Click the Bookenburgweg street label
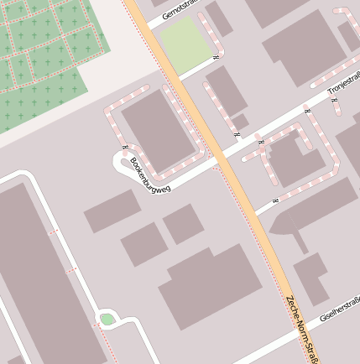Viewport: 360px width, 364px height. (151, 177)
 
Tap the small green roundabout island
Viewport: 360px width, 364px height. (107, 319)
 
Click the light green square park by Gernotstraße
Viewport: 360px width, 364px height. (185, 44)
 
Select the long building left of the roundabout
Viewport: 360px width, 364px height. (42, 277)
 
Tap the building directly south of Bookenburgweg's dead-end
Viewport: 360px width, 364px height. (112, 211)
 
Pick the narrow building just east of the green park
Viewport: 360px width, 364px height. (219, 18)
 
